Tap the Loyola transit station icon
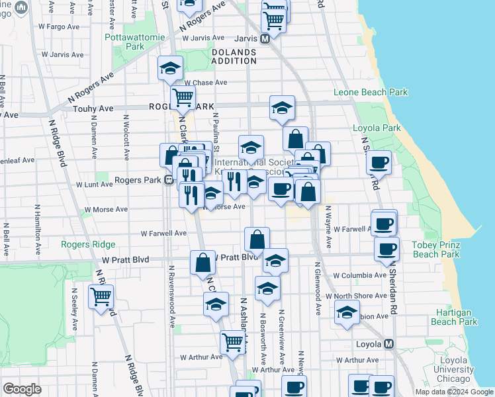pos(388,344)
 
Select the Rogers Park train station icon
pos(169,179)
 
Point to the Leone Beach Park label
pos(371,93)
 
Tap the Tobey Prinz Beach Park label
pos(435,249)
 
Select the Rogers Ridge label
pos(88,244)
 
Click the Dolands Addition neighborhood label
pos(234,56)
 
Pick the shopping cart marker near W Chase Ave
pos(183,98)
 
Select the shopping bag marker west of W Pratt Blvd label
pos(202,262)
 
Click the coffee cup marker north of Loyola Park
pos(379,161)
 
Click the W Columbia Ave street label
pos(359,275)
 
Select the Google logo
pos(22,389)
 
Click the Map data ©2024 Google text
pos(453,392)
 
